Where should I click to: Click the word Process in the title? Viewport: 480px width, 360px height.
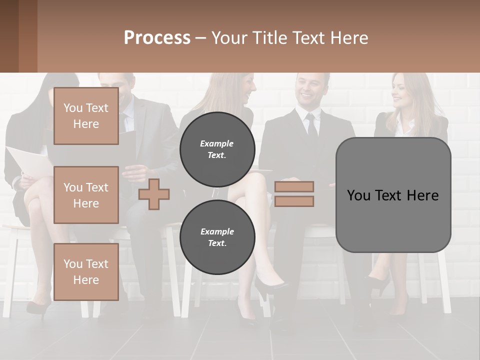[x=157, y=38]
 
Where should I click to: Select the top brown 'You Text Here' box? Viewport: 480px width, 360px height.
[x=86, y=116]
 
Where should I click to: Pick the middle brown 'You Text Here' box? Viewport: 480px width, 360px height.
[x=86, y=195]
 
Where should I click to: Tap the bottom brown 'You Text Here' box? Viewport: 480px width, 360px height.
[x=86, y=272]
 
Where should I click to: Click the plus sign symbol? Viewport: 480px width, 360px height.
[x=154, y=193]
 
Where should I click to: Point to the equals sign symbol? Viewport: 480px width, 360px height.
[x=294, y=194]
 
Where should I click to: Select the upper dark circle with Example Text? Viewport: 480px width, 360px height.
[x=217, y=149]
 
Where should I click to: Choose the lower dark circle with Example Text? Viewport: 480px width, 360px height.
[x=217, y=237]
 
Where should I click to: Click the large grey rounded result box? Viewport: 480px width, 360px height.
[x=393, y=195]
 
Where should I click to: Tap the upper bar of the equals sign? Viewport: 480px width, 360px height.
[x=294, y=187]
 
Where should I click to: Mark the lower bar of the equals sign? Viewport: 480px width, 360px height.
[x=294, y=201]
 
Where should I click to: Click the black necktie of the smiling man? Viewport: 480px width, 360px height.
[x=312, y=127]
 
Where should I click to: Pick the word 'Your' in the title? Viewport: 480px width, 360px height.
[x=229, y=38]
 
